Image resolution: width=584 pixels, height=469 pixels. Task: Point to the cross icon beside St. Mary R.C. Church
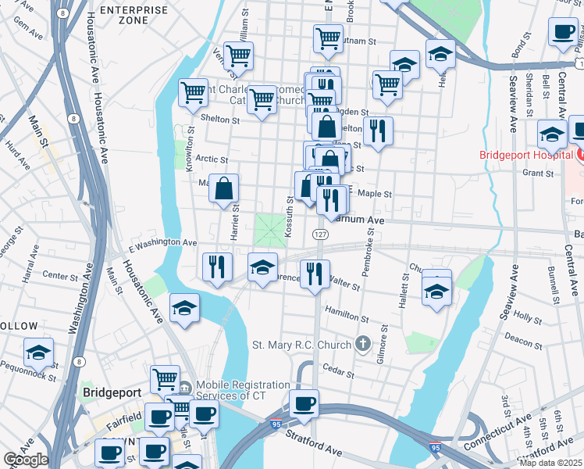pyautogui.click(x=361, y=343)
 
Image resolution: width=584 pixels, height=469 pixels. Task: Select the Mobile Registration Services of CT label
pyautogui.click(x=242, y=391)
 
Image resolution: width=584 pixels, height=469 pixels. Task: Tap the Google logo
pyautogui.click(x=26, y=460)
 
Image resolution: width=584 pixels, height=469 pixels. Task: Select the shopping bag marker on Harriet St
pyautogui.click(x=224, y=188)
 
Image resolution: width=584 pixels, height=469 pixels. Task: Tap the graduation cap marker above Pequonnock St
pyautogui.click(x=38, y=353)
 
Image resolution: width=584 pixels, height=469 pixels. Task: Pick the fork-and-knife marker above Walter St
pyautogui.click(x=315, y=273)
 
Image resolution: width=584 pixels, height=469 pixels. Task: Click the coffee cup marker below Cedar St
pyautogui.click(x=304, y=404)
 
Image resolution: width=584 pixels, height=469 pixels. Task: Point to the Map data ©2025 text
pyautogui.click(x=550, y=463)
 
